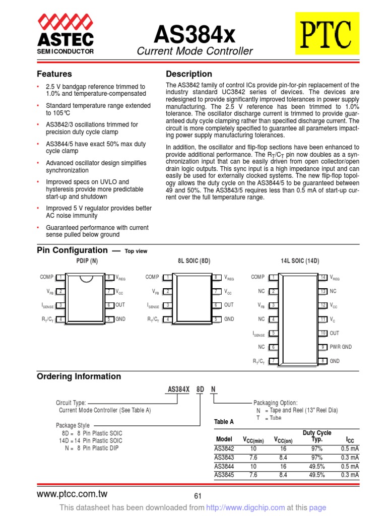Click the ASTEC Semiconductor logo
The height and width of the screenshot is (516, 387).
[65, 35]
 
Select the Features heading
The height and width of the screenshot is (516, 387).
[54, 74]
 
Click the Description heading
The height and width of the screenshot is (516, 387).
[189, 74]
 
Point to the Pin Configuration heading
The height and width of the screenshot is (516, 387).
[72, 250]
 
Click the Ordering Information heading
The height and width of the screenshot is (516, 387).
[79, 376]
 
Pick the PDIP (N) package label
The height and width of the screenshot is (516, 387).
[87, 261]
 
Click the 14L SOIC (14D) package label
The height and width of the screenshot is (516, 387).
[300, 261]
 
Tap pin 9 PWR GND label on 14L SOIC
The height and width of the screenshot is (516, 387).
[341, 347]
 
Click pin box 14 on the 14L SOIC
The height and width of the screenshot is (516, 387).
[323, 277]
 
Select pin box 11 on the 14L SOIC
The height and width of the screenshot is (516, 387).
[323, 319]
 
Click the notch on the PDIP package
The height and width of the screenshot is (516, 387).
[86, 277]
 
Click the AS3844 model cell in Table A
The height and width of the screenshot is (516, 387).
[224, 467]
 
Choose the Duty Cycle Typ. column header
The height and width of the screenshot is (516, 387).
[316, 436]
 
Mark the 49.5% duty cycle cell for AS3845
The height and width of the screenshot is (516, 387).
[316, 475]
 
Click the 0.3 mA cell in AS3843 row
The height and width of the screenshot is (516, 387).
[350, 458]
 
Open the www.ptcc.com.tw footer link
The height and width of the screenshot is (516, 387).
[72, 494]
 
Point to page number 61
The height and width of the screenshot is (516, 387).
[198, 497]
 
